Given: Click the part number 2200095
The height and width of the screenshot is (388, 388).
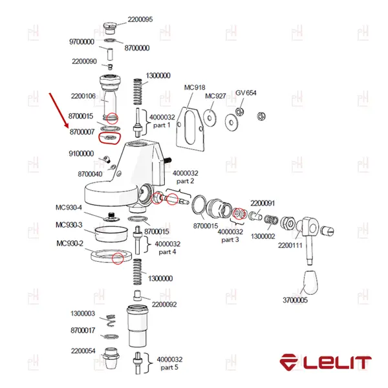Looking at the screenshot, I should click(140, 19).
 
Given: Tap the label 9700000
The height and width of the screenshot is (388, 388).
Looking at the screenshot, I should click(81, 42).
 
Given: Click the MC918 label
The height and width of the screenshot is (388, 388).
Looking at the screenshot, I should click(194, 87).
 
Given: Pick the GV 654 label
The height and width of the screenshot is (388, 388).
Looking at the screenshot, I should click(246, 92).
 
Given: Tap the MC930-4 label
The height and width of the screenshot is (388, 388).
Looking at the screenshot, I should click(69, 208).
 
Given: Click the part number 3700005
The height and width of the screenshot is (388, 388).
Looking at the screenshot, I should click(295, 300).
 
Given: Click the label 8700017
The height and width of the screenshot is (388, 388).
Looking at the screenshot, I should click(83, 330).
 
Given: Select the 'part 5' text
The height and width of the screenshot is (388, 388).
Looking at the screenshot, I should click(169, 367).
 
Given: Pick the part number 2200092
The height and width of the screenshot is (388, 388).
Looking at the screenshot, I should click(165, 304).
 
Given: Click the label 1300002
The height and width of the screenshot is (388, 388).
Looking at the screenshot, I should click(263, 237).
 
